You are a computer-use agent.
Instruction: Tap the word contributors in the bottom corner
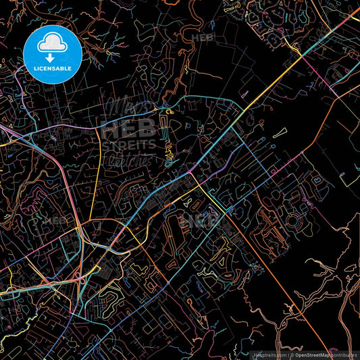pos(344,353)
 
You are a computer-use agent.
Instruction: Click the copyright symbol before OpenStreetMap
pos(291,353)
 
